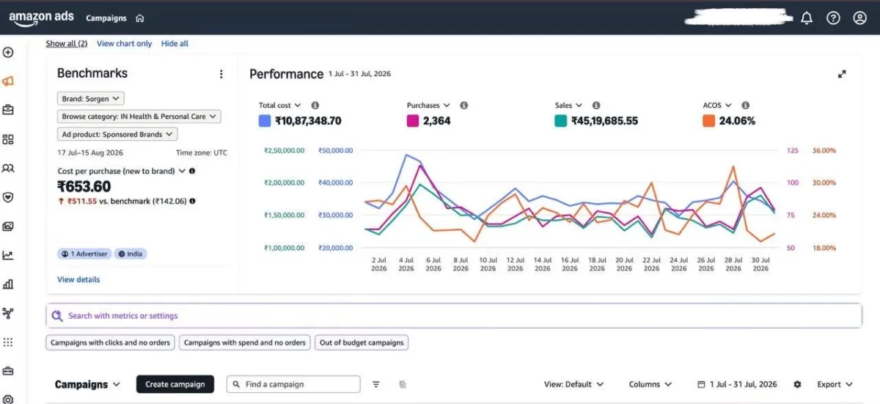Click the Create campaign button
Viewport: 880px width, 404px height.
175,384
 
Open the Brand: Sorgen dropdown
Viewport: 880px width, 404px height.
91,98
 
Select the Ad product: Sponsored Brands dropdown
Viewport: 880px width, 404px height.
117,134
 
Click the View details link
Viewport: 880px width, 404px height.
78,279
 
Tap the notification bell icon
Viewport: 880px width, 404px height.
807,18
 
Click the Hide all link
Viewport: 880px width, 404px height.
175,43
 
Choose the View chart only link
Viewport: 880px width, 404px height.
124,43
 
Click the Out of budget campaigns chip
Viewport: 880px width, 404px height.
362,342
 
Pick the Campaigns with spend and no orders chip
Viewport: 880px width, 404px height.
245,342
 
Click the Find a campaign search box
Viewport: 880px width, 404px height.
293,384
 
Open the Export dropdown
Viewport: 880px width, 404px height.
835,384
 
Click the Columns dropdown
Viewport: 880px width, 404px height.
650,384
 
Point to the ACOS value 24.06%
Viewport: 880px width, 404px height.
737,121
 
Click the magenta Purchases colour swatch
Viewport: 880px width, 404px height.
412,121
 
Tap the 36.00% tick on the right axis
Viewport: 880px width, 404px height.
824,150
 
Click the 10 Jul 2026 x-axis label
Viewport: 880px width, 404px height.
488,264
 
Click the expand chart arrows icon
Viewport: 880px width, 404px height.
842,74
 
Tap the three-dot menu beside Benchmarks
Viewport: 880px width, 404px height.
221,74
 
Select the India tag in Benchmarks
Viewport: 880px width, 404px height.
131,254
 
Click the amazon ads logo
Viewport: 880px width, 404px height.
41,18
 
